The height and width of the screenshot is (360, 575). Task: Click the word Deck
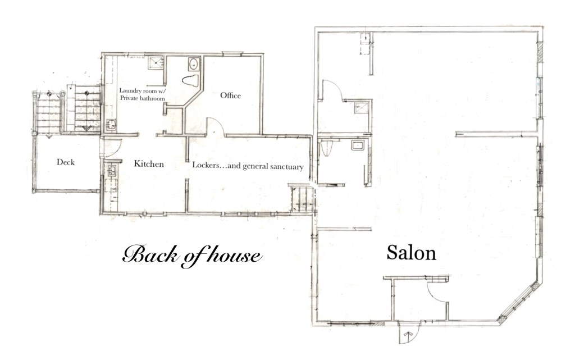[66, 162]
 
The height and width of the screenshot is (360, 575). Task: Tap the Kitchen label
[148, 163]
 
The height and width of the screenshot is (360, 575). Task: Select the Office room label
[230, 95]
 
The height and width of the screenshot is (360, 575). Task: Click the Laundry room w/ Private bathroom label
[142, 94]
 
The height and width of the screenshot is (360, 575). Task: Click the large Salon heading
[411, 253]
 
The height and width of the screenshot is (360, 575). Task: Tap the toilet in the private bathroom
[190, 80]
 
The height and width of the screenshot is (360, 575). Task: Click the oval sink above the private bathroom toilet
[193, 64]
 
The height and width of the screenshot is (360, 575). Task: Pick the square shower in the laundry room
[155, 63]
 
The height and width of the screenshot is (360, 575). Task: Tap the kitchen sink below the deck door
[112, 171]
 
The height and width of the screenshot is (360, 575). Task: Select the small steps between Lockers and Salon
[302, 199]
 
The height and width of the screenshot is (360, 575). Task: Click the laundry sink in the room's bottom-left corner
[111, 125]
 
